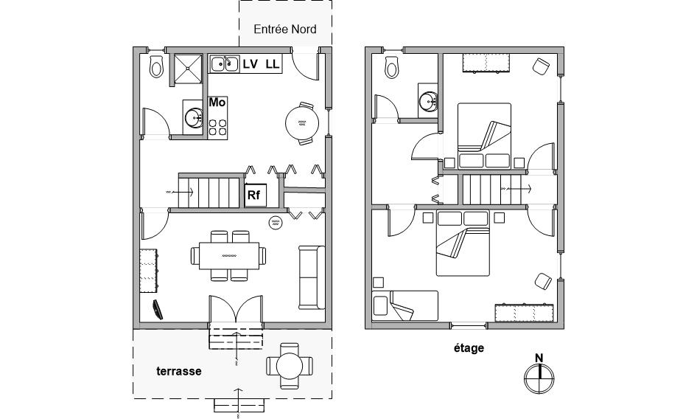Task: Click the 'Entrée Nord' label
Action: pyautogui.click(x=285, y=30)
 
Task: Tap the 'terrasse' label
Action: pyautogui.click(x=179, y=371)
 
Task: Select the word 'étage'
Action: pyautogui.click(x=469, y=347)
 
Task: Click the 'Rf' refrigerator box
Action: pyautogui.click(x=255, y=195)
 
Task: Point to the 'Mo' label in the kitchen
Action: pyautogui.click(x=217, y=103)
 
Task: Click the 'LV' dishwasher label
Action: pyautogui.click(x=251, y=64)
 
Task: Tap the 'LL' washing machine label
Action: pyautogui.click(x=273, y=64)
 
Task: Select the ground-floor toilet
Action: pyautogui.click(x=156, y=66)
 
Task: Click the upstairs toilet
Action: pyautogui.click(x=392, y=67)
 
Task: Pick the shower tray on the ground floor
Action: pyautogui.click(x=188, y=69)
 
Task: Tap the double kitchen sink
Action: pyautogui.click(x=223, y=64)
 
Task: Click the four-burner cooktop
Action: pyautogui.click(x=218, y=127)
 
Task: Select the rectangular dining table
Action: pyautogui.click(x=229, y=255)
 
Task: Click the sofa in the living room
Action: pyautogui.click(x=312, y=277)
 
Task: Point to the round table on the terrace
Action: pyautogui.click(x=290, y=366)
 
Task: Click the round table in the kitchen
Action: pyautogui.click(x=302, y=123)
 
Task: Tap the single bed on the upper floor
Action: pyautogui.click(x=405, y=306)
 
